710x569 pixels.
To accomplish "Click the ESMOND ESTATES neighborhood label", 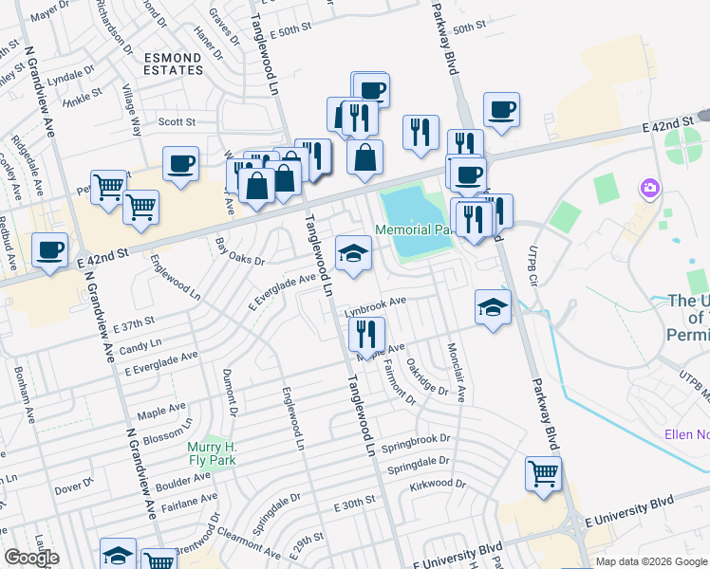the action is pyautogui.click(x=174, y=64).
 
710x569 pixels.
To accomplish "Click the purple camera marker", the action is pyautogui.click(x=650, y=188).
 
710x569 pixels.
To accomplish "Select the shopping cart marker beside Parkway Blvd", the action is pyautogui.click(x=543, y=473).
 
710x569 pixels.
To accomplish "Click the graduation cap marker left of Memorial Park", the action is pyautogui.click(x=353, y=253).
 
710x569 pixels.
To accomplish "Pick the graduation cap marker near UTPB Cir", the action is pyautogui.click(x=493, y=306).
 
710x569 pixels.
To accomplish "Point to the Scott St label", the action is pyautogui.click(x=176, y=121).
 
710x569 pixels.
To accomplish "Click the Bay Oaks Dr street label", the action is pyautogui.click(x=240, y=253).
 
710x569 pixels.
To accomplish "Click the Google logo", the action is pyautogui.click(x=31, y=558).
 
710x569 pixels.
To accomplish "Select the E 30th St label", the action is pyautogui.click(x=356, y=508).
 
